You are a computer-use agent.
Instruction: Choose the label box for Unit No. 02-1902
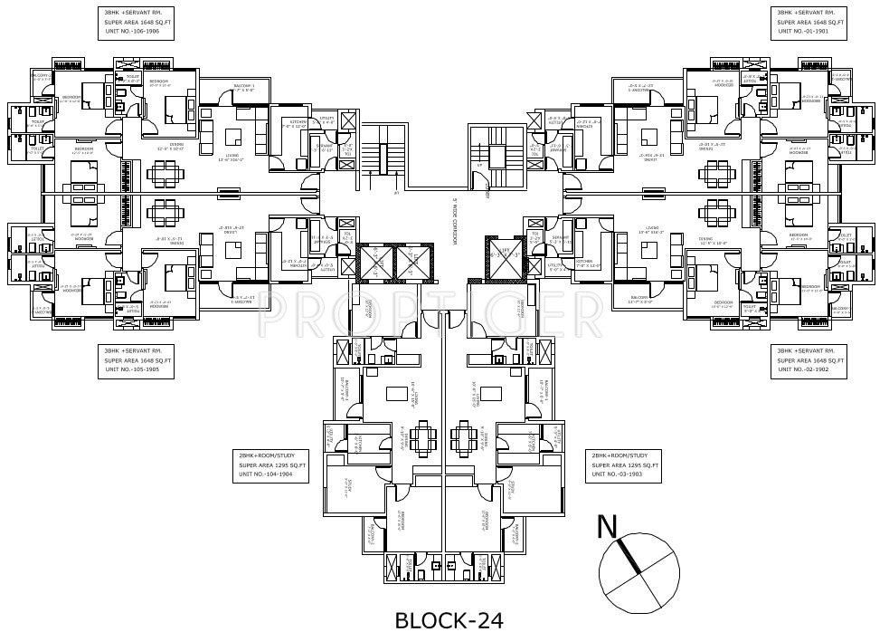tap(807, 360)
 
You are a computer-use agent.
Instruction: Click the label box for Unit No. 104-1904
tap(272, 464)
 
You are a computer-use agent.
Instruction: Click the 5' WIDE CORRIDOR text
tap(456, 223)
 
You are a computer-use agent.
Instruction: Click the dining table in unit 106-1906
tap(164, 173)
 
